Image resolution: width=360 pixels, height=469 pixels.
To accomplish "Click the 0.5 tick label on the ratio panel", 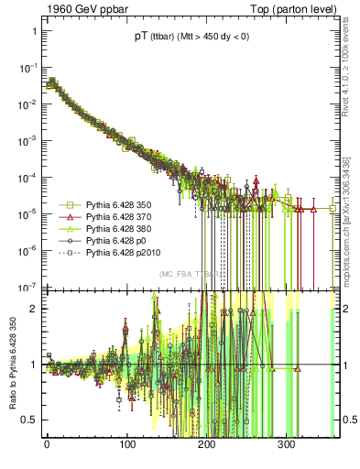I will tap(29, 420).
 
